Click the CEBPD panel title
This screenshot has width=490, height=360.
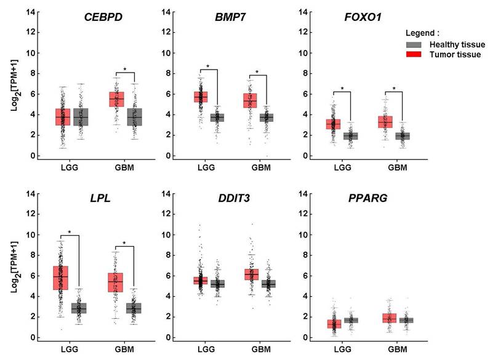[x=103, y=17]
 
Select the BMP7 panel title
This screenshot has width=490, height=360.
[x=230, y=17]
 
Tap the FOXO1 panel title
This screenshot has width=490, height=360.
[x=363, y=17]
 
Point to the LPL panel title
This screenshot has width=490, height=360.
[x=100, y=198]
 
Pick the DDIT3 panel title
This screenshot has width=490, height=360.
[x=234, y=198]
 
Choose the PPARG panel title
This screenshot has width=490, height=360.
[x=368, y=198]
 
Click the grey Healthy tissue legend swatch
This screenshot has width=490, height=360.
[x=414, y=44]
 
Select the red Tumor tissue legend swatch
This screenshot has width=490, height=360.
[x=414, y=54]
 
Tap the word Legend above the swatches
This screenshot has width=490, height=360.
[x=420, y=33]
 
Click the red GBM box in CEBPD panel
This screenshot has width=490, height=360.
[x=116, y=99]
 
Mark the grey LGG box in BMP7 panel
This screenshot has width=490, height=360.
[x=217, y=118]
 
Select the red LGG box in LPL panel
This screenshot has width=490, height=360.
[x=60, y=278]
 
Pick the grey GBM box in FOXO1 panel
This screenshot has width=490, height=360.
[x=403, y=136]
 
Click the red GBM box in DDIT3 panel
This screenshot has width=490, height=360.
[x=252, y=274]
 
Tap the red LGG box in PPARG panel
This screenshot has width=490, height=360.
[x=334, y=324]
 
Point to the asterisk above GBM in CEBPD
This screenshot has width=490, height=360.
[x=125, y=69]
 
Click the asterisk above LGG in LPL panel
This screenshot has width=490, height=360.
[x=70, y=232]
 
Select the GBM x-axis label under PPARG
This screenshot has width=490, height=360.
[x=398, y=349]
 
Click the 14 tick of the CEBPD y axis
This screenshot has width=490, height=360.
[x=31, y=12]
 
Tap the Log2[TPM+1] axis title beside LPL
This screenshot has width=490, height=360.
[x=14, y=267]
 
